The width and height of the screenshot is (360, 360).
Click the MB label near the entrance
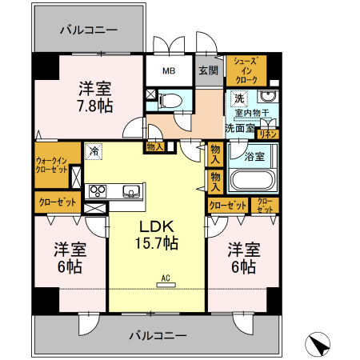pyautogui.click(x=169, y=71)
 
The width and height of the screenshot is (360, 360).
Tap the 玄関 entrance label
pyautogui.click(x=208, y=70)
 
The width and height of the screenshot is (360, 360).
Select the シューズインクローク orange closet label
pyautogui.click(x=245, y=71)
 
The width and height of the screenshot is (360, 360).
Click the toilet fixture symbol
pyautogui.click(x=170, y=100)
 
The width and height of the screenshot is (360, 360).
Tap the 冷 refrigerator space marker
pyautogui.click(x=94, y=149)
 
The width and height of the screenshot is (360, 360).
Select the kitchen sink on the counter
pyautogui.click(x=130, y=190)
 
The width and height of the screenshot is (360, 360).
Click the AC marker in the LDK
pyautogui.click(x=166, y=279)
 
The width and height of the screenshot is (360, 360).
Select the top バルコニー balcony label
pyautogui.click(x=89, y=30)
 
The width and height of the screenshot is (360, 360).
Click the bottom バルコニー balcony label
pyautogui.click(x=158, y=334)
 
